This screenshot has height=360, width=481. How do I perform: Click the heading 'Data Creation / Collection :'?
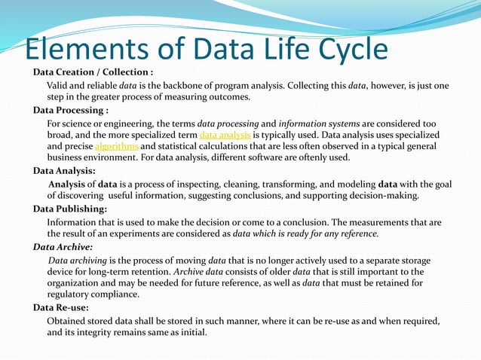point(93,72)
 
